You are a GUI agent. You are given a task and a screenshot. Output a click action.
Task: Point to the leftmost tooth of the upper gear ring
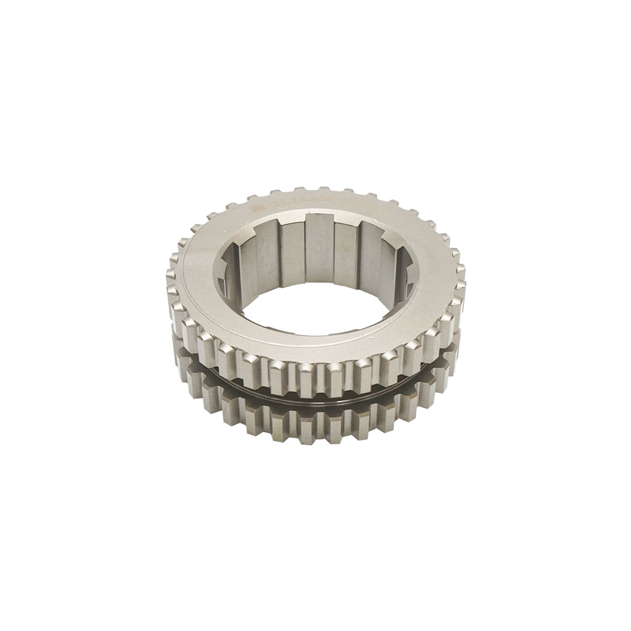pyautogui.click(x=172, y=294)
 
